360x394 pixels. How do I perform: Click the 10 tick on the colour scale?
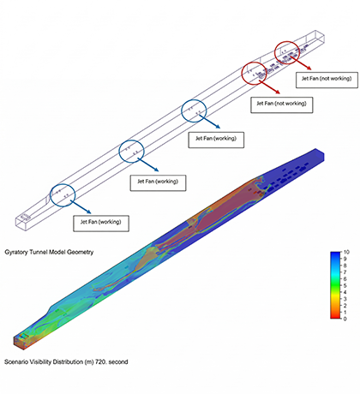[346, 252]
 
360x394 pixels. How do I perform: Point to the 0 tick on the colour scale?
[345, 319]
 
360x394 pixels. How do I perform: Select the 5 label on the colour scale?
[345, 285]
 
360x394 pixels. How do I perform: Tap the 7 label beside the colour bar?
[345, 272]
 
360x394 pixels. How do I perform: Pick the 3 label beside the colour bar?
[345, 299]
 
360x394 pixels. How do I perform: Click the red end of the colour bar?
[335, 315]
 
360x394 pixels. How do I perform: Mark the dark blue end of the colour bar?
[335, 254]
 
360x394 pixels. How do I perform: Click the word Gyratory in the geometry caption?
[16, 253]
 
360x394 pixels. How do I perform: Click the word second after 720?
[118, 361]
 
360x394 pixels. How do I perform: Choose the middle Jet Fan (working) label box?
[158, 182]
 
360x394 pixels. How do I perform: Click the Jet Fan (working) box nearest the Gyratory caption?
[101, 224]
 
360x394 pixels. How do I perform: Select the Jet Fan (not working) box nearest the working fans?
[282, 104]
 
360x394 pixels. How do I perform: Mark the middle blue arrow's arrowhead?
[156, 170]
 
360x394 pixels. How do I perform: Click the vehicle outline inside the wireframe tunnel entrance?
[26, 217]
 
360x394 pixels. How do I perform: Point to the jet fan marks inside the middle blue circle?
[131, 151]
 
